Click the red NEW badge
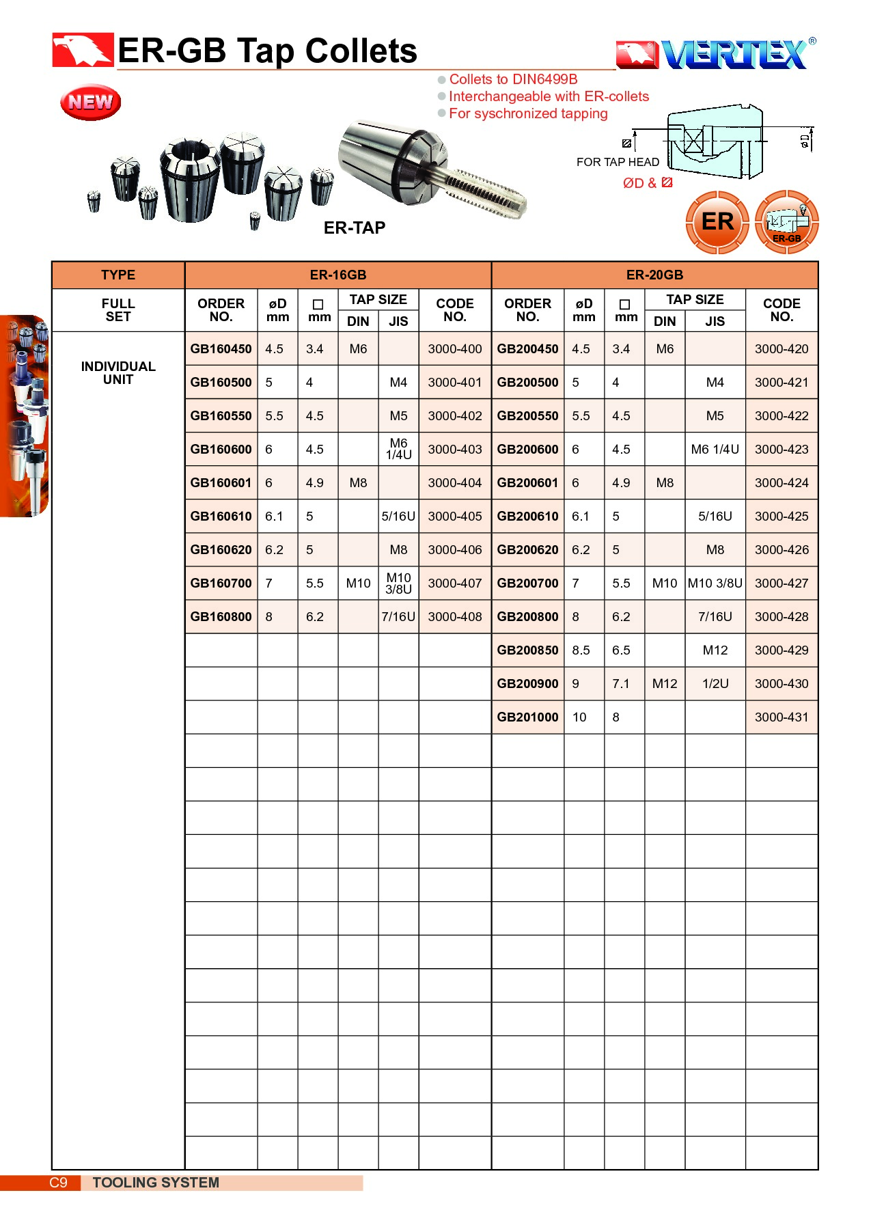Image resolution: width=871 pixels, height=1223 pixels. pyautogui.click(x=90, y=102)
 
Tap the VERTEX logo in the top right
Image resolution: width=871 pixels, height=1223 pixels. pyautogui.click(x=716, y=55)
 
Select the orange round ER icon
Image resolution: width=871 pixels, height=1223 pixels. pyautogui.click(x=717, y=222)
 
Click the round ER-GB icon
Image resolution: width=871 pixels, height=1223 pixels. pyautogui.click(x=787, y=223)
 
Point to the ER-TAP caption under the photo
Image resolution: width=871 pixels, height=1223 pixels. pyautogui.click(x=354, y=228)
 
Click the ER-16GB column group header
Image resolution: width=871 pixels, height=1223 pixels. pyautogui.click(x=338, y=275)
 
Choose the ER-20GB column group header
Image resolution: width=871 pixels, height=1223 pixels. pyautogui.click(x=654, y=275)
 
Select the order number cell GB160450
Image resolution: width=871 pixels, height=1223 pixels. pyautogui.click(x=221, y=348)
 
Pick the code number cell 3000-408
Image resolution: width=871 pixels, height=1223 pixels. pyautogui.click(x=455, y=616)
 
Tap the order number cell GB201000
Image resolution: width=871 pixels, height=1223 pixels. pyautogui.click(x=527, y=717)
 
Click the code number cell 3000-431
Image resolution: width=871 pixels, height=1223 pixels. pyautogui.click(x=781, y=717)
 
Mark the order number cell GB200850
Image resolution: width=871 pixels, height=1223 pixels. pyautogui.click(x=527, y=650)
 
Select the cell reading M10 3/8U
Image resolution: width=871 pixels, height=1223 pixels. pyautogui.click(x=715, y=583)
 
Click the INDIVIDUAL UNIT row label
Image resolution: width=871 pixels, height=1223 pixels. pyautogui.click(x=118, y=372)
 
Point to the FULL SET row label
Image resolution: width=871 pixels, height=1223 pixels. pyautogui.click(x=118, y=310)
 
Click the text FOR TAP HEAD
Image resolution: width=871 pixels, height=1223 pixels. pyautogui.click(x=618, y=162)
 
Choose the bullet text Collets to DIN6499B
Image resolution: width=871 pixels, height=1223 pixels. pyautogui.click(x=513, y=79)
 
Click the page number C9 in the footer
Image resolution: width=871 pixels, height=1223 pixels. pyautogui.click(x=59, y=1182)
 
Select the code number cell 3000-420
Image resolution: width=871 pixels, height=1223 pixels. pyautogui.click(x=781, y=348)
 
